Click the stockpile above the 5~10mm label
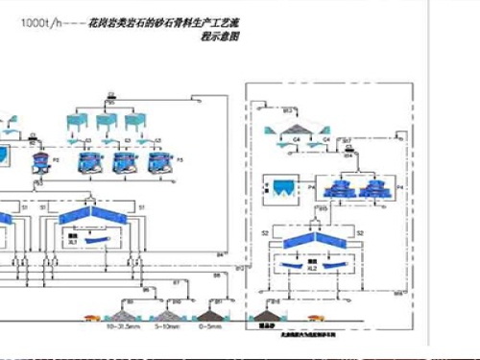pyautogui.click(x=166, y=314)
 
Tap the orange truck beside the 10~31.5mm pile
pyautogui.click(x=91, y=315)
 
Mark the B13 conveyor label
pyautogui.click(x=287, y=111)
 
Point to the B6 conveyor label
pyautogui.click(x=145, y=288)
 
